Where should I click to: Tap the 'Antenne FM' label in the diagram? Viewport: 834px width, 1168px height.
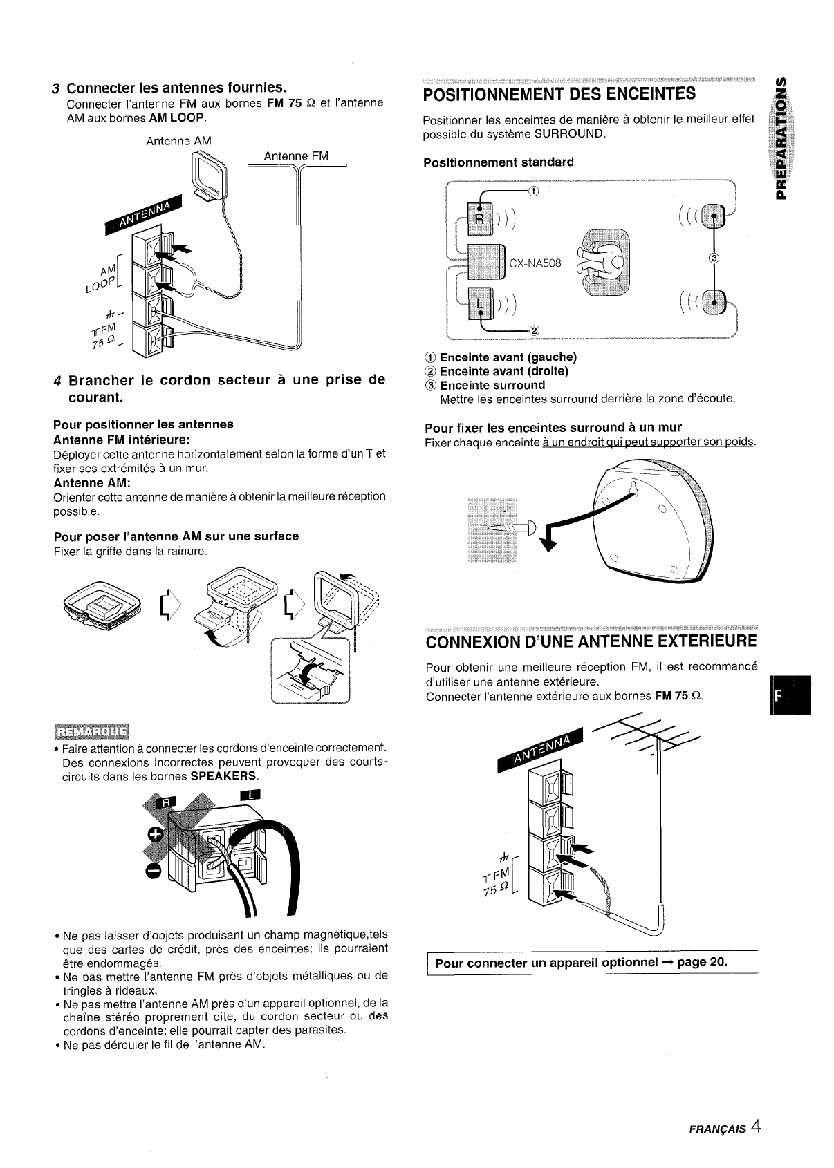click(x=295, y=156)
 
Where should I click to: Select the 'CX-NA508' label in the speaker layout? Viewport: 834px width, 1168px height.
click(x=535, y=263)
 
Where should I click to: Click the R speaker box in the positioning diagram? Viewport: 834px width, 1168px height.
click(x=478, y=218)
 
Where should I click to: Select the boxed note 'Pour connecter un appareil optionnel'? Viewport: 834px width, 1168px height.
click(x=593, y=962)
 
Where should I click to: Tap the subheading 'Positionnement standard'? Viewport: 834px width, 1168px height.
click(x=498, y=162)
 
